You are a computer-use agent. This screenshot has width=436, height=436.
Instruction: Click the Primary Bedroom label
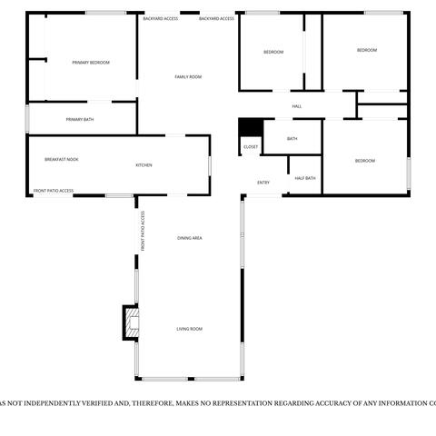pos(91,62)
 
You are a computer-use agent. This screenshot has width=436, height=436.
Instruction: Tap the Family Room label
pos(187,76)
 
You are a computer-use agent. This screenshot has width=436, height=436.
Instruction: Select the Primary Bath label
pos(80,119)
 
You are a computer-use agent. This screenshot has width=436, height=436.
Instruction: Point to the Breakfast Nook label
pos(62,159)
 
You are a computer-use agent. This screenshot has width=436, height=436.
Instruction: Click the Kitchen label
pos(144,164)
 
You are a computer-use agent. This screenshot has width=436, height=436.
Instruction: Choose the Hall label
pos(296,106)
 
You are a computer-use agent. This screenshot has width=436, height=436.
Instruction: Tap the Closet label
pos(250,146)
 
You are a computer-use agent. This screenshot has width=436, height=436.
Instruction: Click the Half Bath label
pos(305,177)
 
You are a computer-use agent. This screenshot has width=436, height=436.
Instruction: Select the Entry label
pos(263,183)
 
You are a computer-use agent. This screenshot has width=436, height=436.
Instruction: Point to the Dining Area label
pos(189,237)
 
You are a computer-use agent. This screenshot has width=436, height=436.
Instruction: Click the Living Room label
pos(189,328)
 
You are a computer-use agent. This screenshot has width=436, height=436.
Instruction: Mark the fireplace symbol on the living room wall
pos(132,322)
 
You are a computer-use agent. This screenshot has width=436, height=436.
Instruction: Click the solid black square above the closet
pos(250,127)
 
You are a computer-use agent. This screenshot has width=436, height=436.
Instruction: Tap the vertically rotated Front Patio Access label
pos(143,231)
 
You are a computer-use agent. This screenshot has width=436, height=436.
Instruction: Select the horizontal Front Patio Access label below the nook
pos(54,191)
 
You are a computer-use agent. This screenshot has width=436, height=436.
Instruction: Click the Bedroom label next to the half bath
pos(364,160)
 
